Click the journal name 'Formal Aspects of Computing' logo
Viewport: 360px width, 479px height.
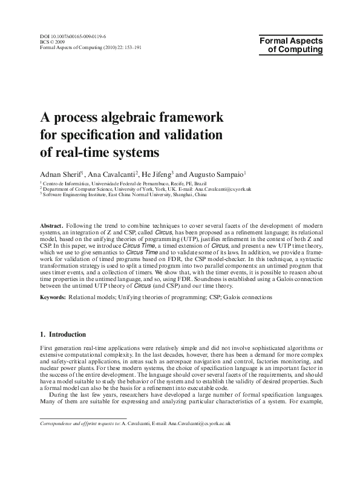[x=291, y=45]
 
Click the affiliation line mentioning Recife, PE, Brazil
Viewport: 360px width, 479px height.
[x=124, y=182]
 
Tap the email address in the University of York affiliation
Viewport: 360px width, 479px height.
[x=223, y=188]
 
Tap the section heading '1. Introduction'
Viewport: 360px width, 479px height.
[x=63, y=334]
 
